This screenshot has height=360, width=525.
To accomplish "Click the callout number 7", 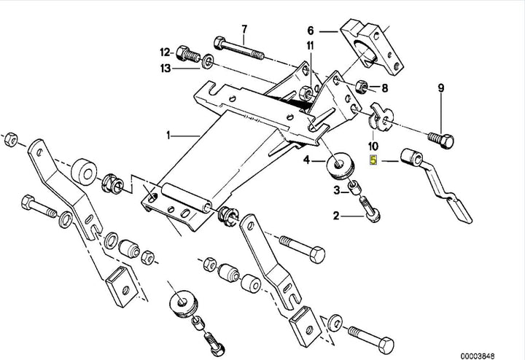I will tap(244, 28).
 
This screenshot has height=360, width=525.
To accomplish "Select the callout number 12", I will tap(164, 52).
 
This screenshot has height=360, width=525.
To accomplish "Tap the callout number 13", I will tap(166, 68).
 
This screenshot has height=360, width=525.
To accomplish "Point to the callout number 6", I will tap(310, 31).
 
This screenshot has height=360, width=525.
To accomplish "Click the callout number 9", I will tap(440, 88).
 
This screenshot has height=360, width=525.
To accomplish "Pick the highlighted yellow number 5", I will tap(374, 161).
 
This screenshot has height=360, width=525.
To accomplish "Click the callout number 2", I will tap(336, 215).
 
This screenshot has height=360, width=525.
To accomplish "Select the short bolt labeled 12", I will tap(190, 53).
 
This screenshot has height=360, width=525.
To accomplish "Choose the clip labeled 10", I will tap(378, 114).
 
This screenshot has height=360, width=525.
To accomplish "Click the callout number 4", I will tap(307, 159).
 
